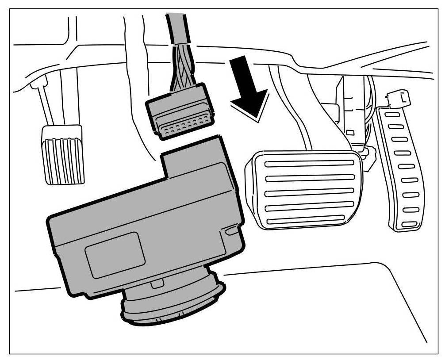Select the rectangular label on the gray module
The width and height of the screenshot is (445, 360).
[115, 255]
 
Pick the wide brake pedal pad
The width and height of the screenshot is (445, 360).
[305, 190]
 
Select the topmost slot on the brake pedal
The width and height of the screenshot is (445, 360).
[309, 164]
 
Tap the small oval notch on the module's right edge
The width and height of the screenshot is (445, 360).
[231, 230]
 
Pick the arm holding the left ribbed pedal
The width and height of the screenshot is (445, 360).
[49, 106]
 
